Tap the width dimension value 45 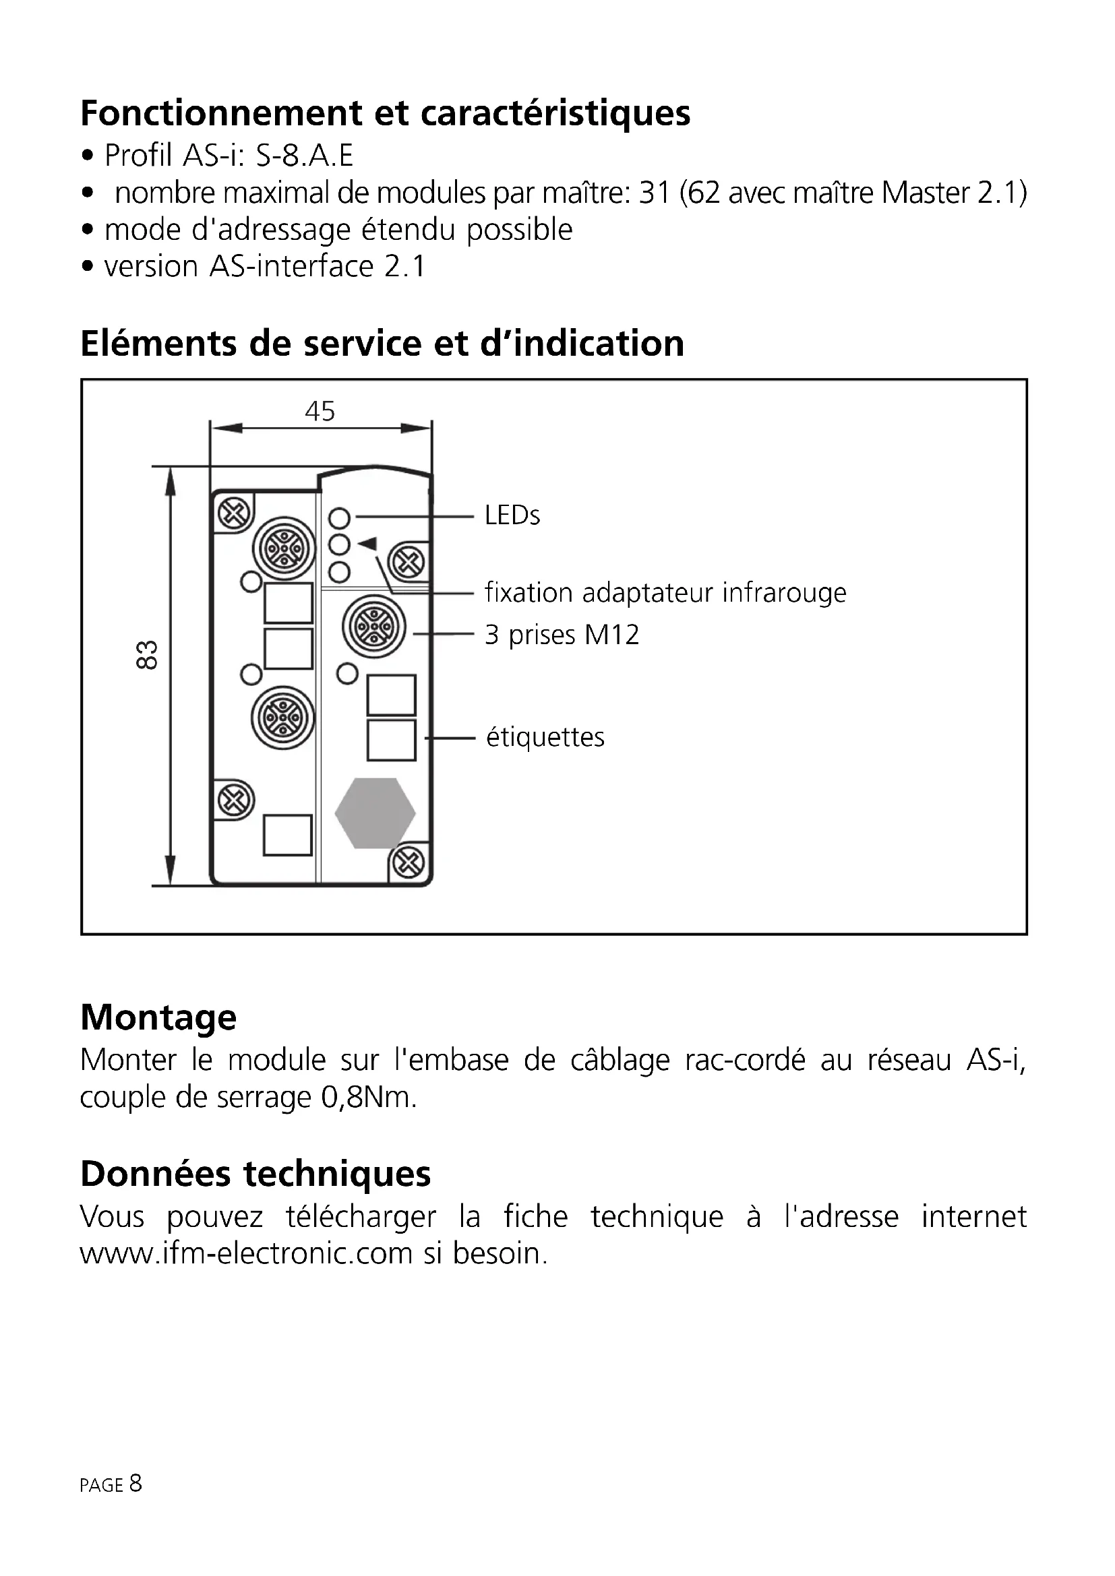tap(320, 412)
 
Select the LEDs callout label tap(512, 515)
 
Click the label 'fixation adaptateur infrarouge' tap(665, 592)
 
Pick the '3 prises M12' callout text tap(562, 635)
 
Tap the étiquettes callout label tap(545, 738)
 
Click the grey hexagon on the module tap(375, 813)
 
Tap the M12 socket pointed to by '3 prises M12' tap(374, 627)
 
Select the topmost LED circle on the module tap(339, 517)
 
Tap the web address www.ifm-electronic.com tap(246, 1254)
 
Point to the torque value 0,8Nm tap(368, 1098)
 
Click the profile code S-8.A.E tap(304, 156)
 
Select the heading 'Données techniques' tap(255, 1174)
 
